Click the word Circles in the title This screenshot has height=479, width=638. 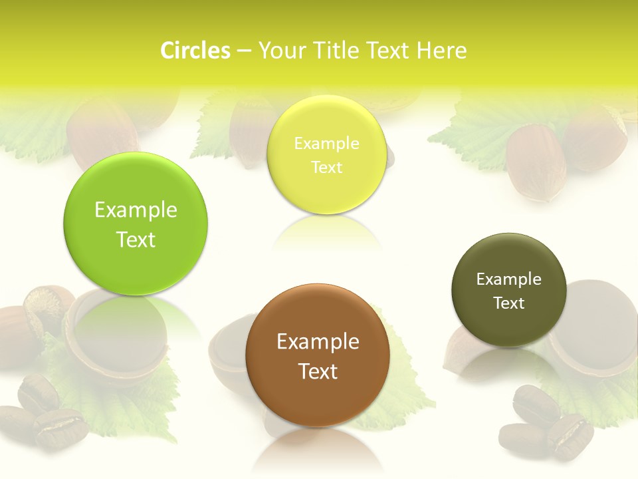(195, 51)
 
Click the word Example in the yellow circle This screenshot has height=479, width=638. (326, 144)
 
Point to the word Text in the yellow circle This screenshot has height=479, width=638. (326, 168)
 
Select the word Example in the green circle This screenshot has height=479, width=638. (136, 210)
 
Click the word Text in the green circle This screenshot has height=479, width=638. (136, 239)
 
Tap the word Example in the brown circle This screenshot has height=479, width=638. (318, 342)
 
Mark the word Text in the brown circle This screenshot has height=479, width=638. (318, 371)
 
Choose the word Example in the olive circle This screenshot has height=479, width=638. (508, 279)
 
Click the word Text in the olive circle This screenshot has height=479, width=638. (508, 303)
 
